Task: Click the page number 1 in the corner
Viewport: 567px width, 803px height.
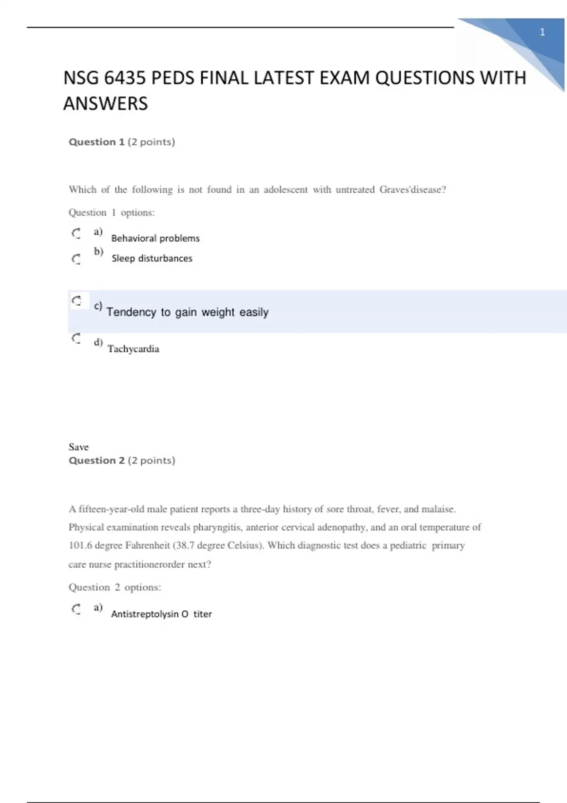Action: tap(542, 32)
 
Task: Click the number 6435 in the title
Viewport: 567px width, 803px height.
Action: tap(125, 78)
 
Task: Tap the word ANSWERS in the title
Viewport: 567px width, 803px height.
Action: tap(105, 104)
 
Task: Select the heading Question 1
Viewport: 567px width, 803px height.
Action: tap(96, 142)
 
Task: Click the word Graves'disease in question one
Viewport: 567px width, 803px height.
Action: tap(412, 190)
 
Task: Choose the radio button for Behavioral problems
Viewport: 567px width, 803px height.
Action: tap(76, 233)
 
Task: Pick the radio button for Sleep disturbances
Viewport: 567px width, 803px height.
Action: tap(76, 259)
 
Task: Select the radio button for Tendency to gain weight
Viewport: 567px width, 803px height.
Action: tap(77, 300)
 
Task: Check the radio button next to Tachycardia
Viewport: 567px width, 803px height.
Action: tap(76, 338)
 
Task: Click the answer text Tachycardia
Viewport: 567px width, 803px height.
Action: tap(133, 349)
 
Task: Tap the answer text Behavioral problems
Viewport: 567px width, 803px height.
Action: tap(155, 239)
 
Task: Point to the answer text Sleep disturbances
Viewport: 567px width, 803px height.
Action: tap(152, 258)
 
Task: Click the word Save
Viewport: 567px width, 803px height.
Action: tap(78, 447)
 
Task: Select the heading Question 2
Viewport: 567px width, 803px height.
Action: tap(96, 461)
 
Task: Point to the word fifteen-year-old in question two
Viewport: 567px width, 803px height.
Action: tap(111, 509)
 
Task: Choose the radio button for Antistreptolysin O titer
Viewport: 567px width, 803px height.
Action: tap(76, 609)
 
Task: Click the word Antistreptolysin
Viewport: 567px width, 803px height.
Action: tap(145, 614)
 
